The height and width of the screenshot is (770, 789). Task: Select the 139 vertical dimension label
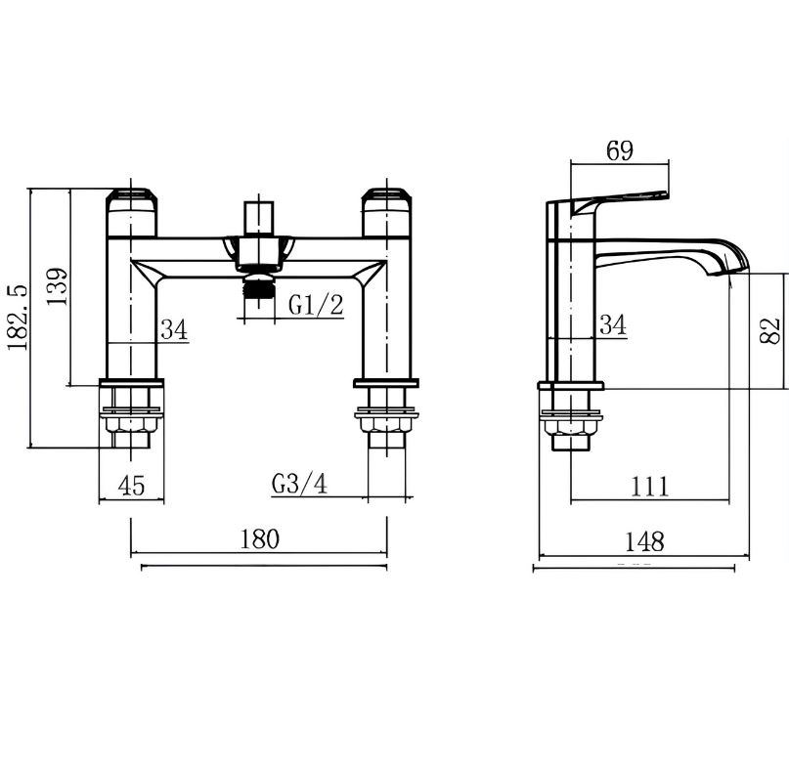click(x=57, y=285)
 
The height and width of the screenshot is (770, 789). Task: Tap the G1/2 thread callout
click(x=316, y=305)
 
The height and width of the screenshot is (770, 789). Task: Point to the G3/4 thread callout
click(x=299, y=484)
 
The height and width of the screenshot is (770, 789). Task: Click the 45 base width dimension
click(x=131, y=486)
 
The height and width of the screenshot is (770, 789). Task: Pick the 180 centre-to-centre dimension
click(x=259, y=538)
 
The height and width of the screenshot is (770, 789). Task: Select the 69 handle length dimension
click(x=620, y=150)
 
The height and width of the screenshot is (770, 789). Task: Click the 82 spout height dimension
click(x=769, y=330)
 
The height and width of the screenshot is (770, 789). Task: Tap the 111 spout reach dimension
click(x=649, y=487)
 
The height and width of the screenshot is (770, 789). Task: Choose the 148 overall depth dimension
click(x=644, y=541)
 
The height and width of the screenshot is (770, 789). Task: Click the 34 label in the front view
click(x=174, y=330)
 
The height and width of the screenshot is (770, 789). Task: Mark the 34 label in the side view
click(x=613, y=324)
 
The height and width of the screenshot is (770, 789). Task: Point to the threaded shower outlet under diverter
click(x=259, y=287)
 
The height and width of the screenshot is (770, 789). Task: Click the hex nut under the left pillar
click(x=132, y=425)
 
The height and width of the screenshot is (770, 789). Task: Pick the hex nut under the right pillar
click(x=387, y=425)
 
